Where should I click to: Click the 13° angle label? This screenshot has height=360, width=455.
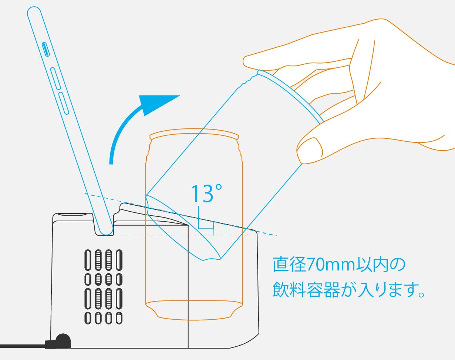pos(206,194)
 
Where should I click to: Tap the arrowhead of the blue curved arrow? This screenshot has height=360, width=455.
pos(156,104)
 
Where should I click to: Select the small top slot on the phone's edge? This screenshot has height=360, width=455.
pos(45,49)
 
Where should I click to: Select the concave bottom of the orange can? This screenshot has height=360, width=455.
pos(194,310)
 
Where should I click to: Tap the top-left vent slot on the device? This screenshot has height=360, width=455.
pos(88,260)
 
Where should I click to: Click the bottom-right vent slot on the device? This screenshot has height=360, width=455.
pos(119,318)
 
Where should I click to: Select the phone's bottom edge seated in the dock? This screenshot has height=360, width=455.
pos(106,232)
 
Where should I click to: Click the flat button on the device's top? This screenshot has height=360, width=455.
pos(72,215)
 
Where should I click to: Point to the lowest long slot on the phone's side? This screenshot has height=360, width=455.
pos(63,104)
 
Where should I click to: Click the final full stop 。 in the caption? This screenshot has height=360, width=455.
pos(422,295)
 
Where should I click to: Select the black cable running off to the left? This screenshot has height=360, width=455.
pos(23,346)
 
